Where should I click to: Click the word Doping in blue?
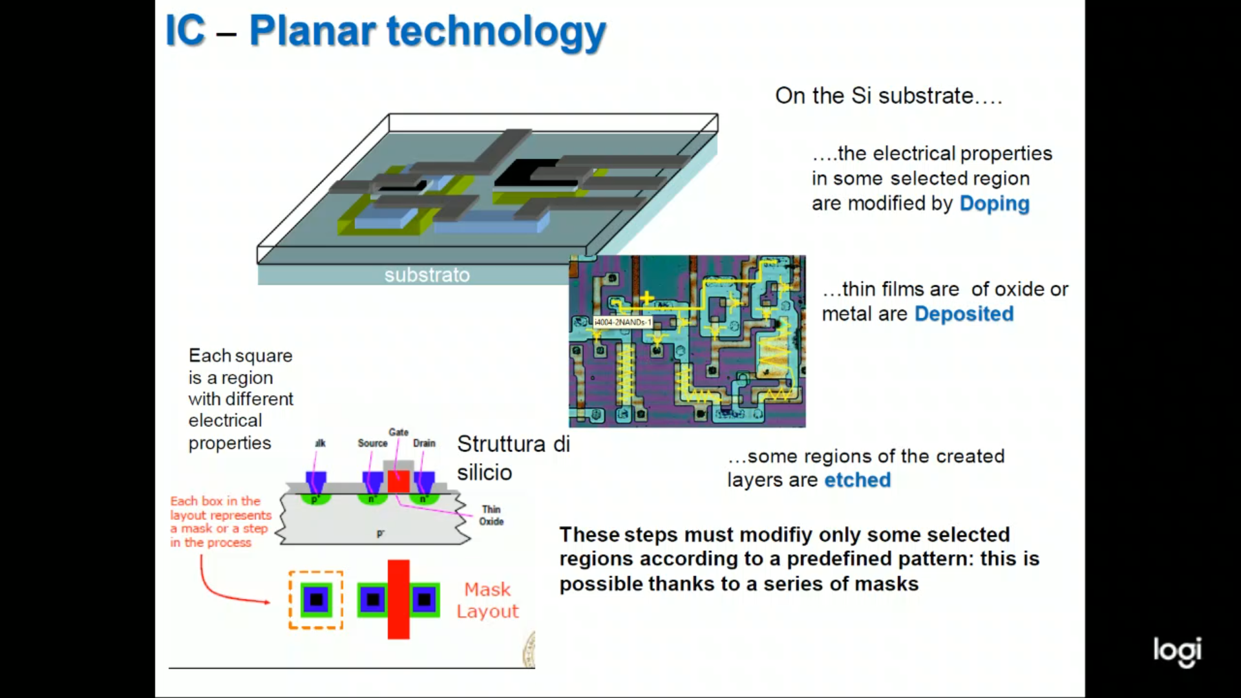point(994,204)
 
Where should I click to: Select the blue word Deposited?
point(964,314)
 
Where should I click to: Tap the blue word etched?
point(857,480)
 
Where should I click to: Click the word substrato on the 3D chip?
point(427,275)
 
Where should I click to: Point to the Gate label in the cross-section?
point(398,432)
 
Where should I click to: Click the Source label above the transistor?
point(372,443)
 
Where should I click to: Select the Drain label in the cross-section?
point(424,443)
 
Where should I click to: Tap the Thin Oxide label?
point(491,516)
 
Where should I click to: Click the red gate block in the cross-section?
point(398,482)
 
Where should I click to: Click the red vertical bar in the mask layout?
point(398,599)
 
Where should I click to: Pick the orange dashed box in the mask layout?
point(315,573)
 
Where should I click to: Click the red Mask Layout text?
point(487,600)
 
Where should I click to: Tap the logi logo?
point(1177,651)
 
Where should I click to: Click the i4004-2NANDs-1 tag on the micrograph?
point(622,322)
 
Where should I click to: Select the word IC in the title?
point(186,30)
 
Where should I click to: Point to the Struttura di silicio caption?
point(513,458)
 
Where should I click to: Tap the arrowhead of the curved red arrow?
point(267,602)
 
